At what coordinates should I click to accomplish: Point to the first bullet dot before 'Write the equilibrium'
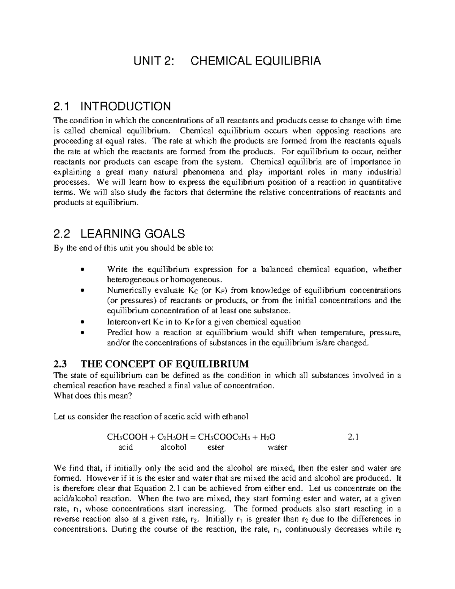click(83, 270)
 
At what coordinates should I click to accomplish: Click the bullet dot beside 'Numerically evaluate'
click(83, 291)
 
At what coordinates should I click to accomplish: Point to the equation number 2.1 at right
click(353, 437)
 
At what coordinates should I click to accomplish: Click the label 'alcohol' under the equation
click(174, 447)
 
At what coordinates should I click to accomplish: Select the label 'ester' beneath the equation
click(216, 447)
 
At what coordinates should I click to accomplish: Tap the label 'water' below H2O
click(278, 447)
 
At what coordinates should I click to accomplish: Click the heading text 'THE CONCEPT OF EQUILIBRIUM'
click(165, 364)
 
